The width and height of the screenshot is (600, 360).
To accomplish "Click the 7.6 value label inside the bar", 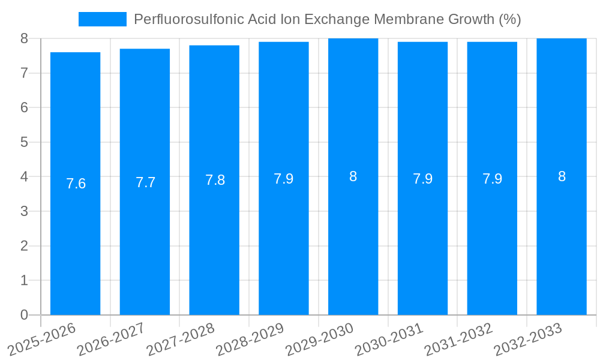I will pos(76,184).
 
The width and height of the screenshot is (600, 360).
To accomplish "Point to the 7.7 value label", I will pos(145,182).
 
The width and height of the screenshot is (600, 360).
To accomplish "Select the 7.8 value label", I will pos(215,180).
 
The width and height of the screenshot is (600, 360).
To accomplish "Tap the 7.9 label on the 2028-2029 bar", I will pos(284,179).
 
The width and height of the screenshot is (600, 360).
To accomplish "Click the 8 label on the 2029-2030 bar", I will pos(353,176).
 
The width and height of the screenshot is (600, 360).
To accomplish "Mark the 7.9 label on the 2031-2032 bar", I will pos(492,179).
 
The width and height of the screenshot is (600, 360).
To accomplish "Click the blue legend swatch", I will pos(102,19).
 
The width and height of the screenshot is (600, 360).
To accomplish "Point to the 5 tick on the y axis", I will pos(25,142).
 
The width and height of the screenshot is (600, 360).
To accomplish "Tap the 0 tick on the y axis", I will pos(25,315).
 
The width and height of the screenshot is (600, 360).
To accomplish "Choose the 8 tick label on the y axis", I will pos(25,38).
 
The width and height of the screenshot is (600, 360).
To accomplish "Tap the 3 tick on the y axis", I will pos(25,211).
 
